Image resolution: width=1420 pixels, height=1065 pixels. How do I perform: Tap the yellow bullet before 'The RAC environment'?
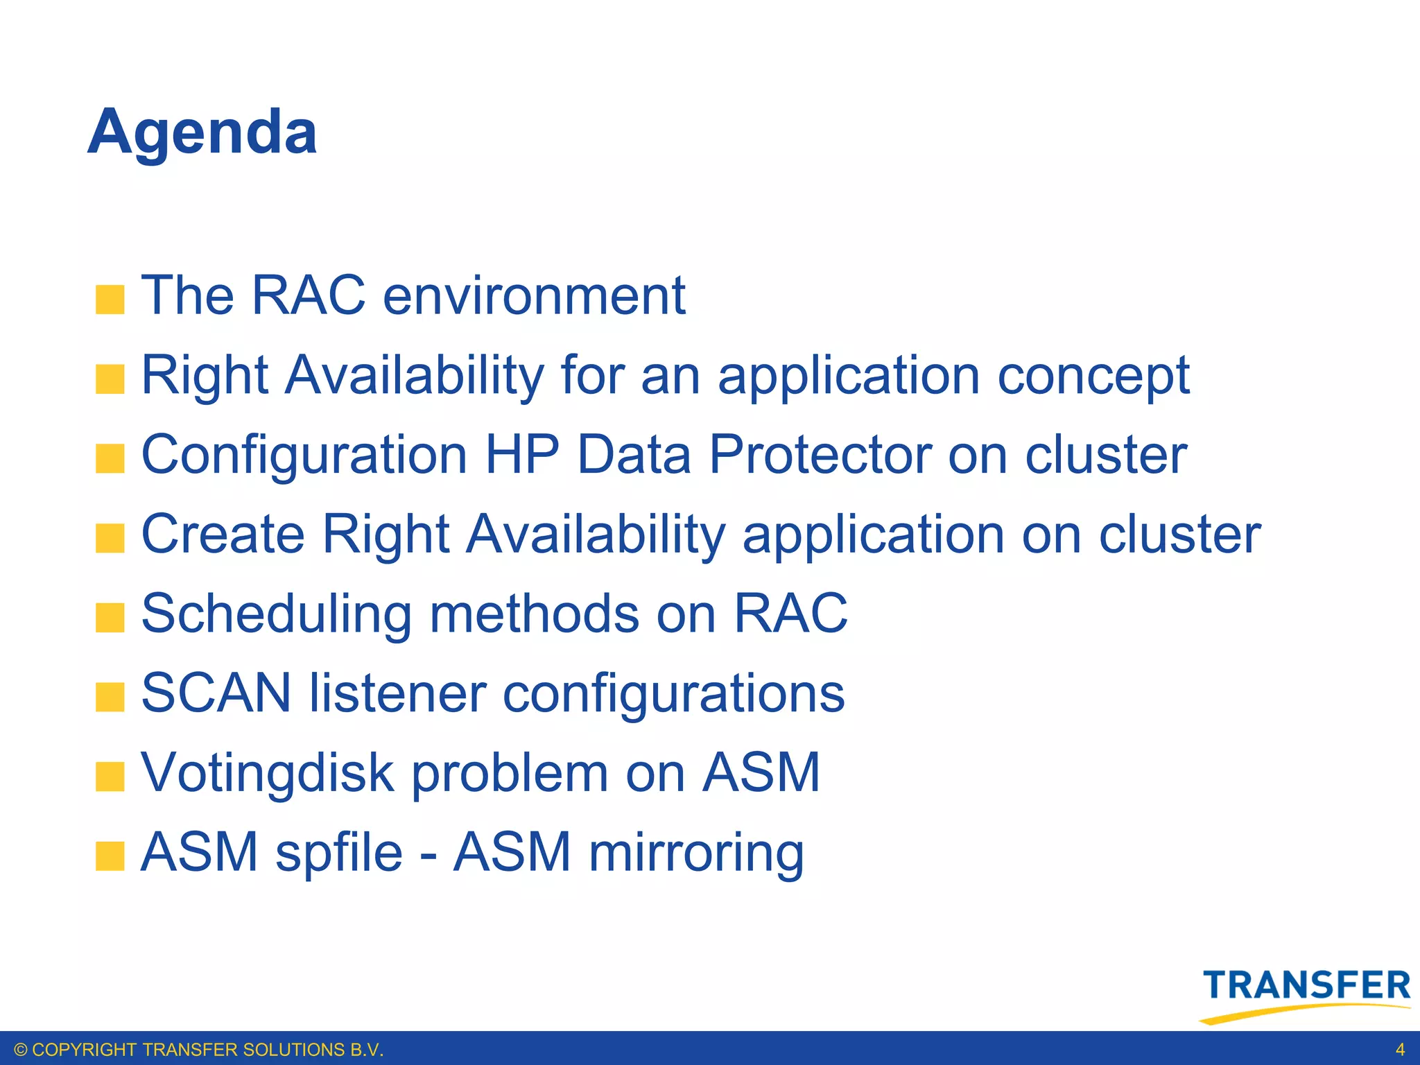coord(110,300)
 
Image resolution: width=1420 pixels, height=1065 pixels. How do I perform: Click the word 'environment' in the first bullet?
coord(534,296)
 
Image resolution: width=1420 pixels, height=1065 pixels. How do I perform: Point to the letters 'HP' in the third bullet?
coord(521,455)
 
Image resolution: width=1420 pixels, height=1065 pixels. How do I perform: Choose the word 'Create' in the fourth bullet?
coord(223,535)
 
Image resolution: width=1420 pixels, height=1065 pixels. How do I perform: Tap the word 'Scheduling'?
coord(277,614)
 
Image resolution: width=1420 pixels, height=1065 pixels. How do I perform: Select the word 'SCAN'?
coord(216,693)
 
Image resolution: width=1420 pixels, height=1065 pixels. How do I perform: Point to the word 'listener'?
coord(397,693)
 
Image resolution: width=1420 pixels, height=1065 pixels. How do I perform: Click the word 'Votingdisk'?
coord(267,773)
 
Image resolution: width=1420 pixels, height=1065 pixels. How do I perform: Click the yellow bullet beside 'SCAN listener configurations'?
coord(110,697)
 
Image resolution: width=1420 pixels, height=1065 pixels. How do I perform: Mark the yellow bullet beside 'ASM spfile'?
coord(110,856)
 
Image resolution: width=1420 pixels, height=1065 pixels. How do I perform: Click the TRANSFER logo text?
coord(1306,986)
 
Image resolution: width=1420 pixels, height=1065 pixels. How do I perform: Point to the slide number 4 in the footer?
coord(1400,1049)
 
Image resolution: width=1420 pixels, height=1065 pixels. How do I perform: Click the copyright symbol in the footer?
coord(20,1050)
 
